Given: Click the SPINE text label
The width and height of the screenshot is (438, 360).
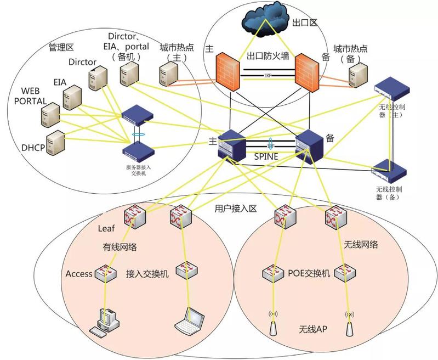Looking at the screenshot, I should point(267,157).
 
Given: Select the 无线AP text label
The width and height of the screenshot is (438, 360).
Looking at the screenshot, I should point(313,330).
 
